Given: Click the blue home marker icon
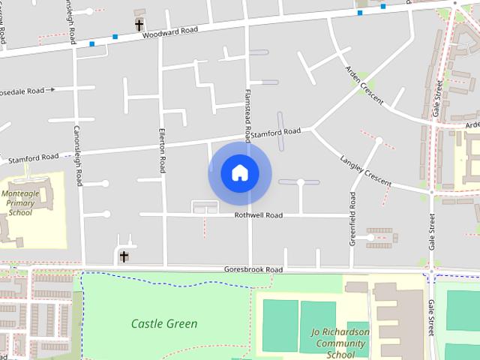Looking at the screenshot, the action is tap(239, 173).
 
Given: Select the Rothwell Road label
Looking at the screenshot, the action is tap(258, 215).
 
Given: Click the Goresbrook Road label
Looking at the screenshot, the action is tap(253, 269).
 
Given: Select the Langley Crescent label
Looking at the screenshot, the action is tap(366, 172).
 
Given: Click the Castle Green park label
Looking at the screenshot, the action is tap(164, 324).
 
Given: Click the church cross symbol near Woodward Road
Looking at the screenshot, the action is tap(139, 25).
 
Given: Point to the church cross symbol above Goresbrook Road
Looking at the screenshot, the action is tap(124, 256).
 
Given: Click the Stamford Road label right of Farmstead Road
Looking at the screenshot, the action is tap(275, 133).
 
